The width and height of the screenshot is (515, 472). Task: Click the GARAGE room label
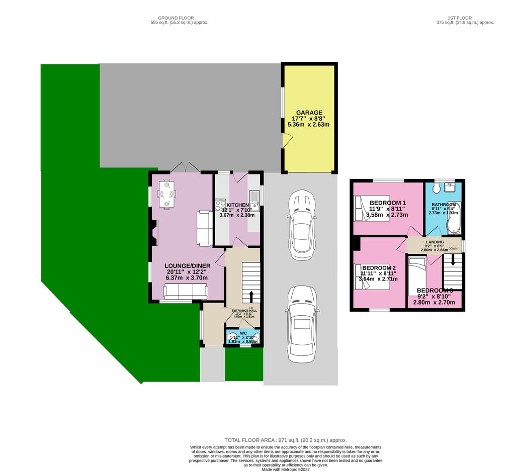pyautogui.click(x=309, y=113)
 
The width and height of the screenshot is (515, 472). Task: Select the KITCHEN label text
pyautogui.click(x=237, y=205)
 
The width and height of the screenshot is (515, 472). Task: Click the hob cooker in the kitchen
pyautogui.click(x=220, y=205)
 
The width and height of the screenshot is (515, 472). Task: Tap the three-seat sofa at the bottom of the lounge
pyautogui.click(x=185, y=292)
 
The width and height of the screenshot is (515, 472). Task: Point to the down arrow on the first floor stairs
pyautogui.click(x=453, y=259)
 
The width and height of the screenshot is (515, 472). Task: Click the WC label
pyautogui.click(x=243, y=333)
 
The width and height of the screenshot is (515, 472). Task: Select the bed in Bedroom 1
pyautogui.click(x=372, y=208)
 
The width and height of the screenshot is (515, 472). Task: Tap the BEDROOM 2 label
pyautogui.click(x=379, y=268)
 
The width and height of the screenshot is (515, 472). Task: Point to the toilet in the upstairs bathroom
pyautogui.click(x=437, y=187)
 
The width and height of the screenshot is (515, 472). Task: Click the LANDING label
pyautogui.click(x=435, y=242)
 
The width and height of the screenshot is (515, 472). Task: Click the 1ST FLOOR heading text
pyautogui.click(x=465, y=18)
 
